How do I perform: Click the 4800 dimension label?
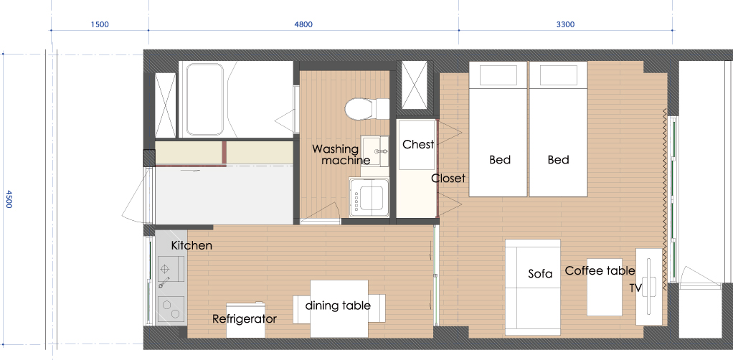(x=303, y=24)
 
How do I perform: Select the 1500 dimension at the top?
(x=100, y=24)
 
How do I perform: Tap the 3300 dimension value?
(x=565, y=24)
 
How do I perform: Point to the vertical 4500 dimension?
(x=9, y=199)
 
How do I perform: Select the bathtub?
(x=204, y=99)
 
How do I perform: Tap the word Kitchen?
(x=191, y=245)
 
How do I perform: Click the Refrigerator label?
(x=245, y=319)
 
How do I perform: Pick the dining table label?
(x=338, y=305)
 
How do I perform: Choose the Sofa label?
(x=540, y=273)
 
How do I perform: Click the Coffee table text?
(x=600, y=270)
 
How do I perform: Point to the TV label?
(x=635, y=288)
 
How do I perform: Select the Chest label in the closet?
(x=418, y=144)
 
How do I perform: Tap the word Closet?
(x=448, y=178)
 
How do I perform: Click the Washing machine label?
(x=341, y=154)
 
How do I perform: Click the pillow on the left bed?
(x=498, y=75)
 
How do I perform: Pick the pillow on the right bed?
(x=557, y=75)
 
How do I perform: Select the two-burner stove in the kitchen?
(x=171, y=310)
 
